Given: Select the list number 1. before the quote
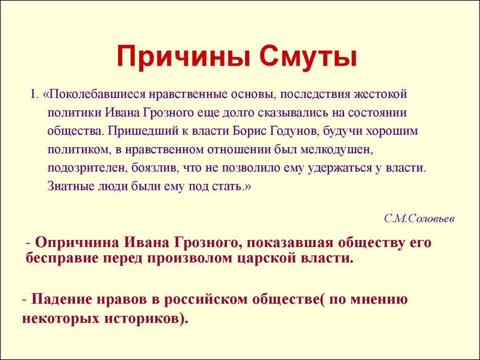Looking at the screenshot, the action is (x=34, y=94).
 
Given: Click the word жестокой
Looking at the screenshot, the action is (x=381, y=94).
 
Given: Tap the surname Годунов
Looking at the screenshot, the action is (x=295, y=131).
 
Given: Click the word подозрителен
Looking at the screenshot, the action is (x=88, y=169).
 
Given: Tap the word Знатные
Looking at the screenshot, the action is (x=71, y=187).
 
